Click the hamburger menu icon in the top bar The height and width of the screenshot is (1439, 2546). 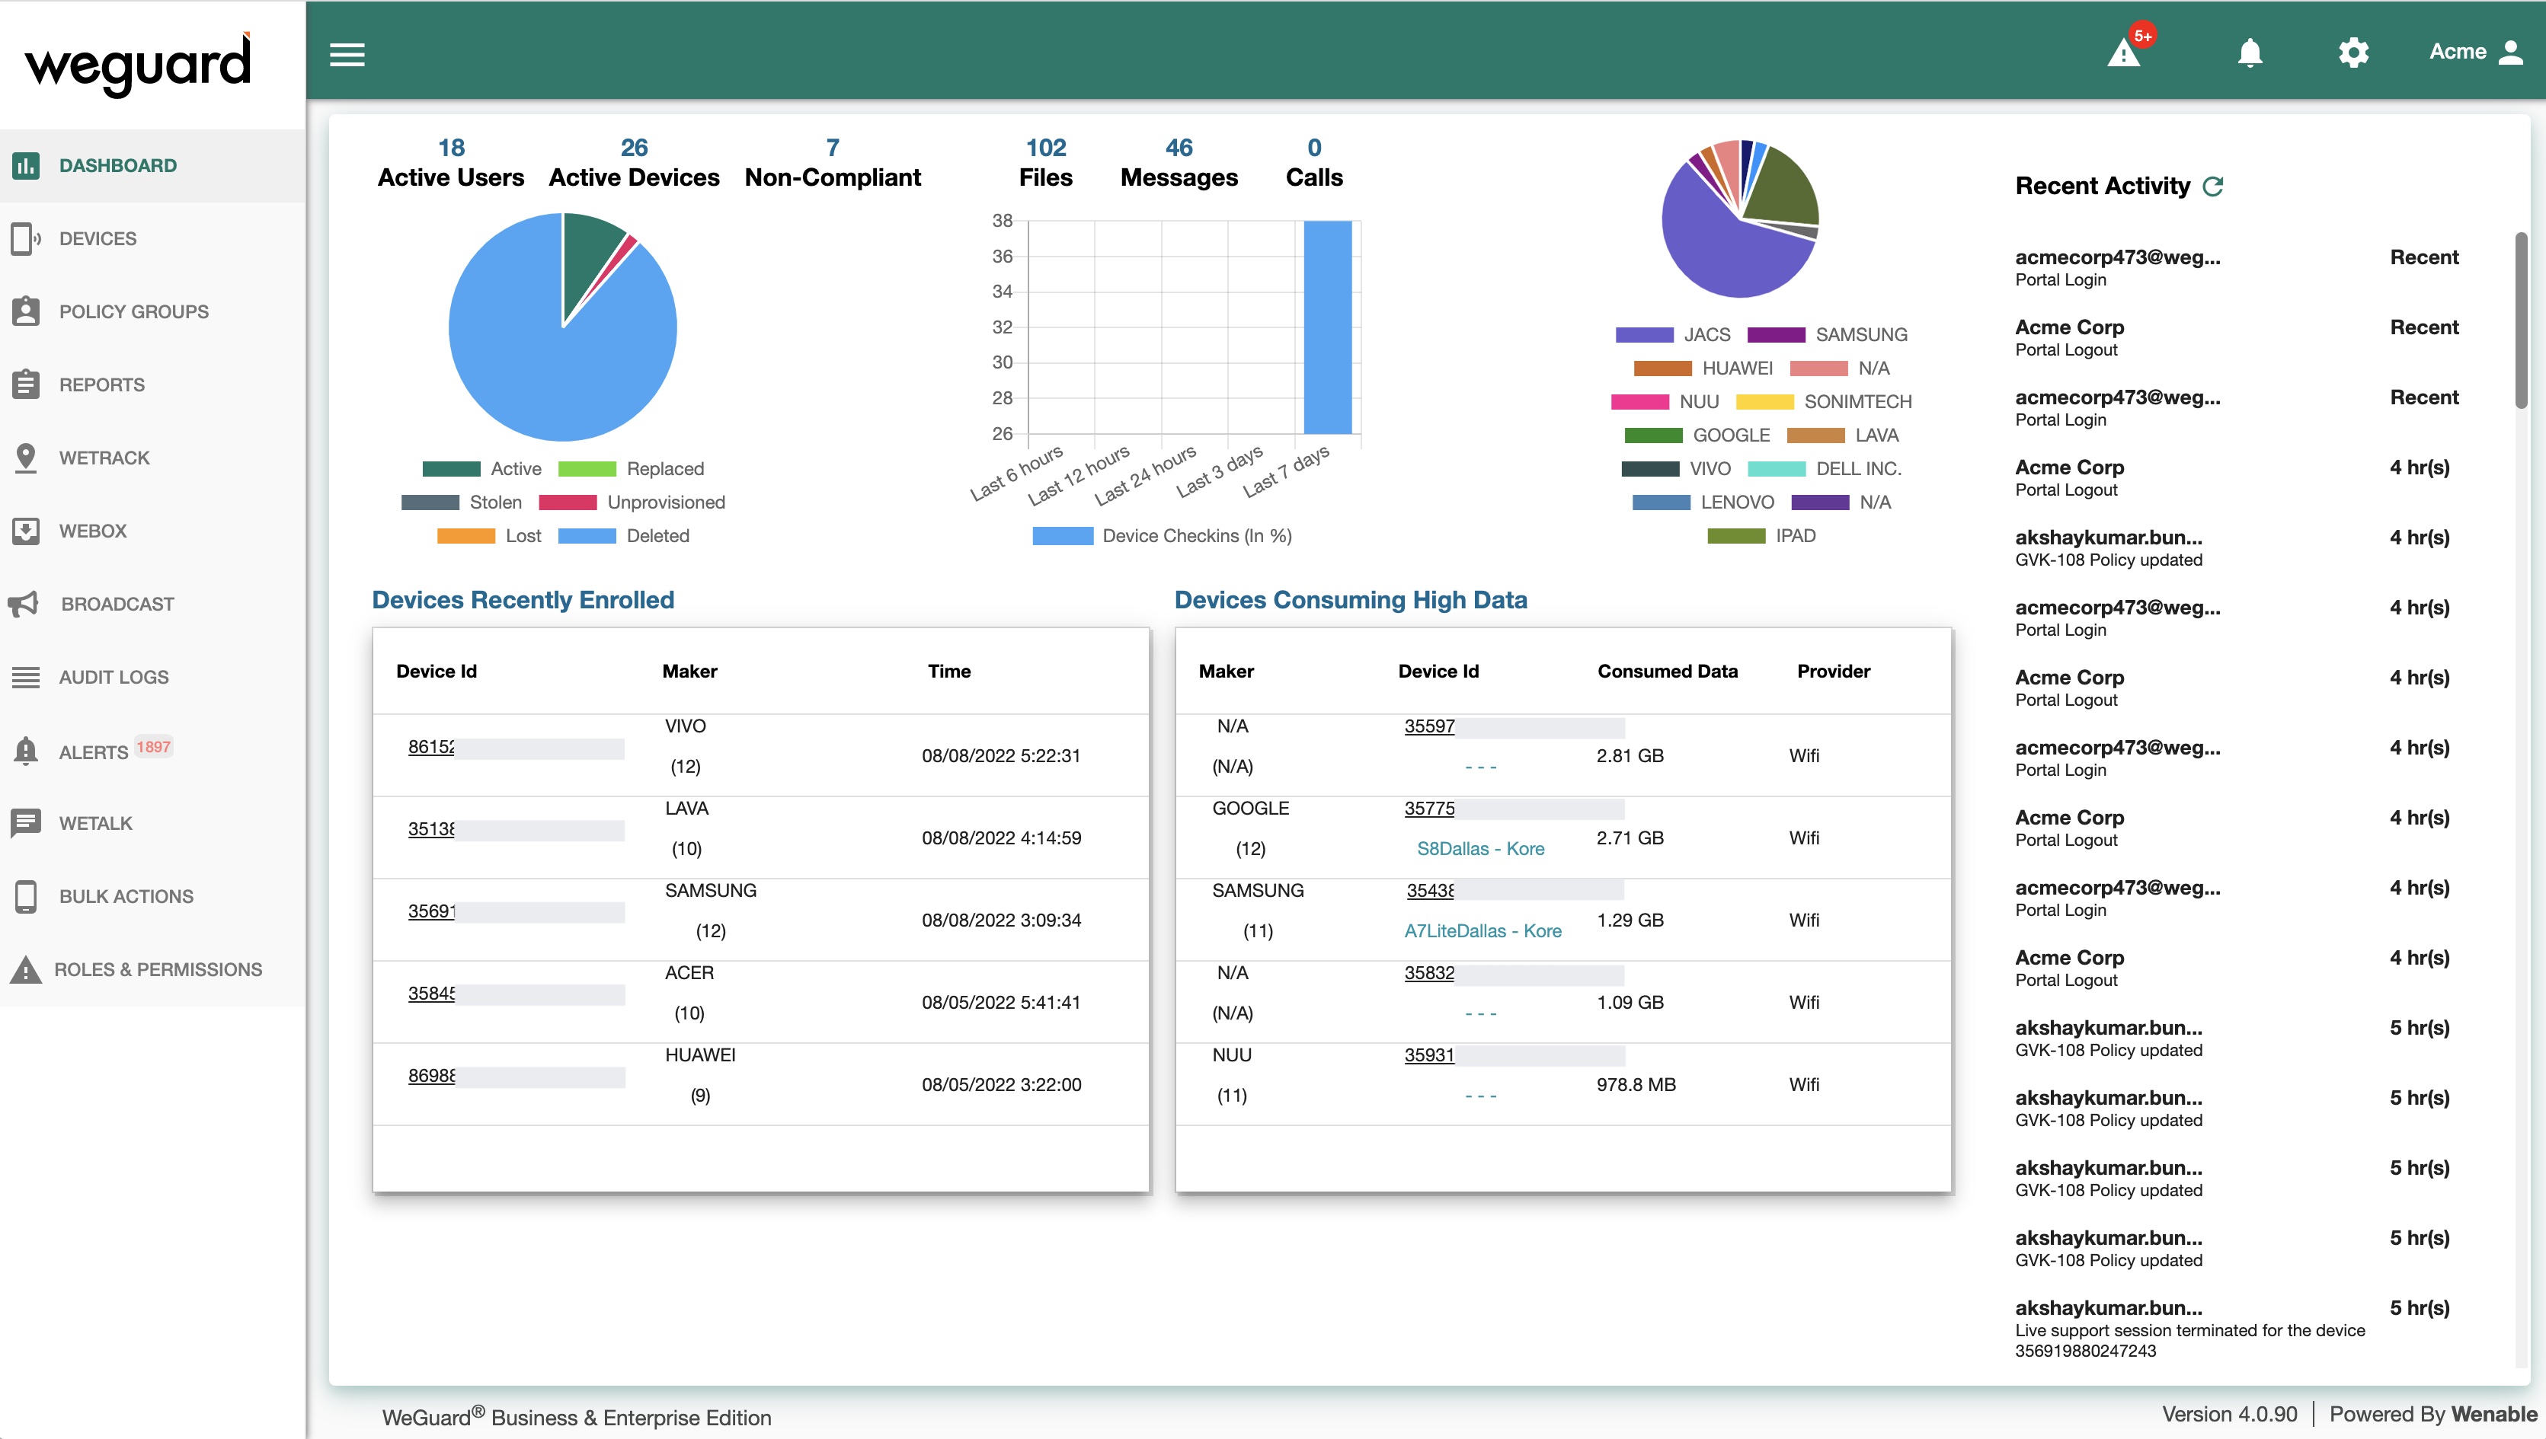(x=347, y=54)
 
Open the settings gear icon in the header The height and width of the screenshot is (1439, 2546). (x=2353, y=53)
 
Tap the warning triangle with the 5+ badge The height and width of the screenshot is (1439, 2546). (x=2124, y=53)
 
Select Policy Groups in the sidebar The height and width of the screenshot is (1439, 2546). (x=133, y=311)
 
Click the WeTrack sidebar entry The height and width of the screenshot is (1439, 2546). (x=104, y=458)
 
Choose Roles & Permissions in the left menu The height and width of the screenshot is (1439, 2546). (x=158, y=969)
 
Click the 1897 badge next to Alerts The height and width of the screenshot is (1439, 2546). (x=153, y=747)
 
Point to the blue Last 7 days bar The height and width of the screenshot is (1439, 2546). (x=1327, y=326)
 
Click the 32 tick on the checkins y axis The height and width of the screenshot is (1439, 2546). (x=1003, y=327)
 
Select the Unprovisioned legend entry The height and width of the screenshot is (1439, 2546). (x=665, y=502)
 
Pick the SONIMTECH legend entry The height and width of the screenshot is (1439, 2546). (x=1857, y=401)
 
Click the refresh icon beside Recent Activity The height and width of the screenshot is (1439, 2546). (x=2214, y=186)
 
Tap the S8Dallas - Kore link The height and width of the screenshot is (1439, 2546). (x=1480, y=848)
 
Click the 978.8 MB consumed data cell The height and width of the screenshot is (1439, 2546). (x=1636, y=1084)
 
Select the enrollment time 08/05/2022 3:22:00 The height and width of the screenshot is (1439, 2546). (x=1000, y=1084)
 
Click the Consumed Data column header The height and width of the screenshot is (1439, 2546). (x=1667, y=671)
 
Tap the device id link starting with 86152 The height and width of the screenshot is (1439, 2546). (x=431, y=747)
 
